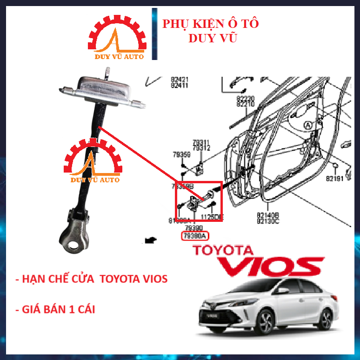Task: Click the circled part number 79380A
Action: pyautogui.click(x=194, y=236)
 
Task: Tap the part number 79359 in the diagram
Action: pyautogui.click(x=182, y=154)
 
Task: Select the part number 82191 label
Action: pyautogui.click(x=335, y=178)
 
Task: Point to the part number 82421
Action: pyautogui.click(x=180, y=80)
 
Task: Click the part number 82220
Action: pyautogui.click(x=246, y=99)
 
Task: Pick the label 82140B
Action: pyautogui.click(x=268, y=215)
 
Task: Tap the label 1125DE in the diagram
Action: pyautogui.click(x=212, y=217)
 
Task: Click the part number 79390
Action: pyautogui.click(x=194, y=228)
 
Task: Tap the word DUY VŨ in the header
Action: pyautogui.click(x=213, y=38)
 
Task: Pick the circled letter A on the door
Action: pyautogui.click(x=307, y=125)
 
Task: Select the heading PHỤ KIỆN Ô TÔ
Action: pyautogui.click(x=210, y=24)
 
